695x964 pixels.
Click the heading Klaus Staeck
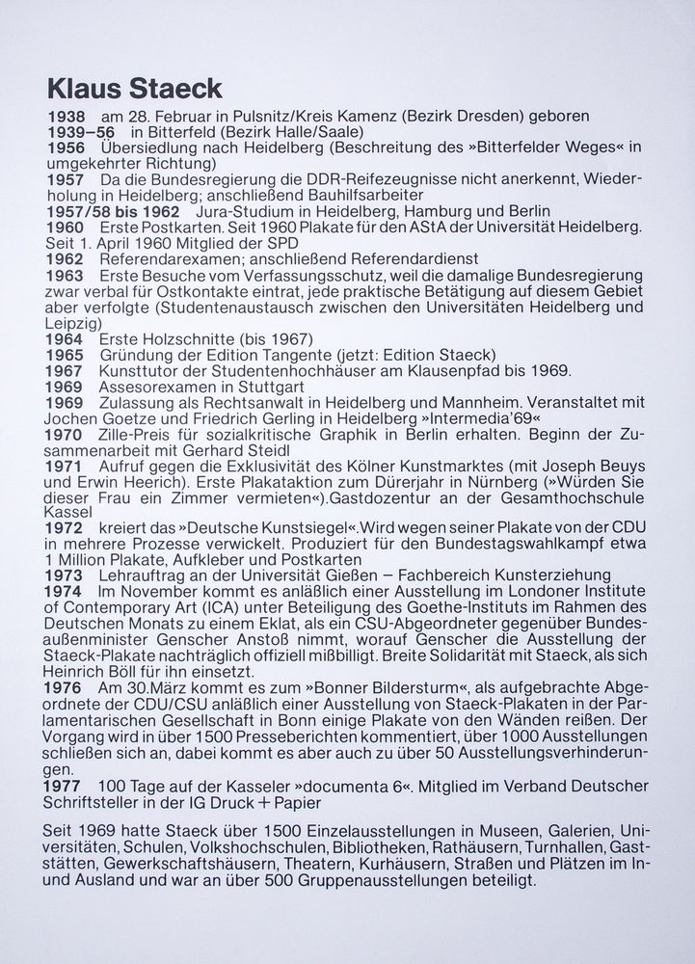click(x=134, y=90)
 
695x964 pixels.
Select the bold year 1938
click(x=67, y=117)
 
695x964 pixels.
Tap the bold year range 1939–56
click(x=81, y=132)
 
